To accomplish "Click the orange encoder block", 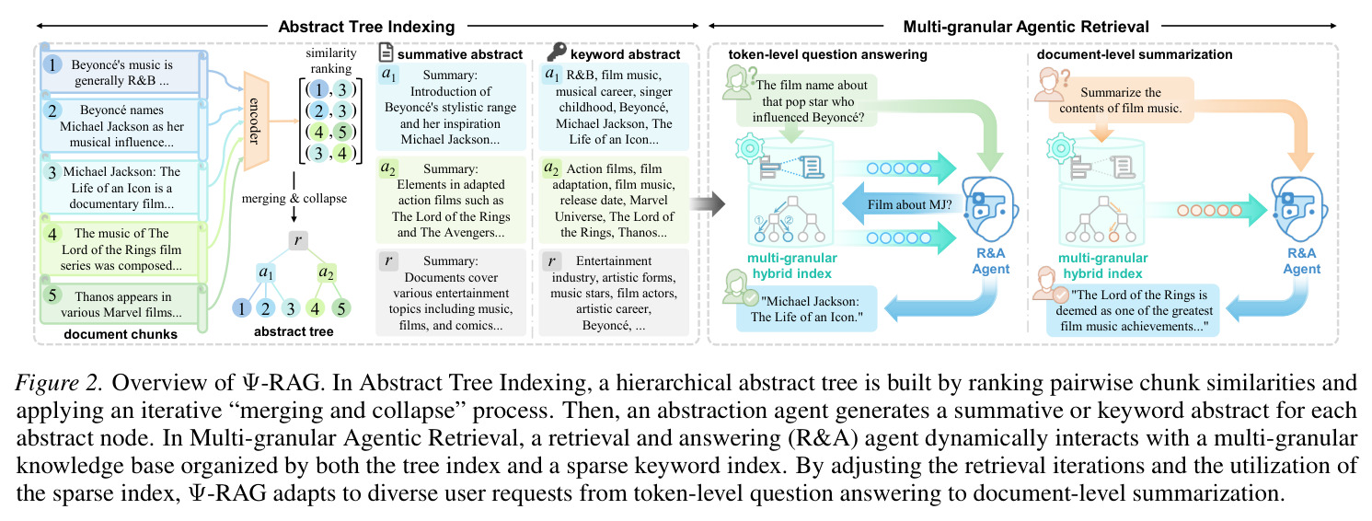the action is pyautogui.click(x=256, y=121).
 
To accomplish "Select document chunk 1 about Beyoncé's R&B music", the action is pyautogui.click(x=123, y=73).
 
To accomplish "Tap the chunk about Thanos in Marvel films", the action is pyautogui.click(x=123, y=304).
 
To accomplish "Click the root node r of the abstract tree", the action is pyautogui.click(x=297, y=240).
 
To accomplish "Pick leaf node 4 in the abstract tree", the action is pyautogui.click(x=316, y=307).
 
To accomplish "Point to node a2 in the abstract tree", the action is pyautogui.click(x=326, y=272).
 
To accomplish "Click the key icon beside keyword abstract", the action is pyautogui.click(x=556, y=52).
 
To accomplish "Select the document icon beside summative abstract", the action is pyautogui.click(x=386, y=52).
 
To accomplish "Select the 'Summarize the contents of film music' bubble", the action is pyautogui.click(x=1121, y=100).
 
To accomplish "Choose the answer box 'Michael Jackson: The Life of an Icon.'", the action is pyautogui.click(x=807, y=309).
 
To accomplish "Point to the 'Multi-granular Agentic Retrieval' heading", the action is pyautogui.click(x=1026, y=27).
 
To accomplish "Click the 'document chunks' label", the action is pyautogui.click(x=121, y=334).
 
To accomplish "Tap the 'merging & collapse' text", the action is pyautogui.click(x=294, y=199).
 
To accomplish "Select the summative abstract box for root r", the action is pyautogui.click(x=451, y=293).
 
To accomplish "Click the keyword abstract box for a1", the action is pyautogui.click(x=614, y=107).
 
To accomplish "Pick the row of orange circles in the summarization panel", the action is pyautogui.click(x=1210, y=210).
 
